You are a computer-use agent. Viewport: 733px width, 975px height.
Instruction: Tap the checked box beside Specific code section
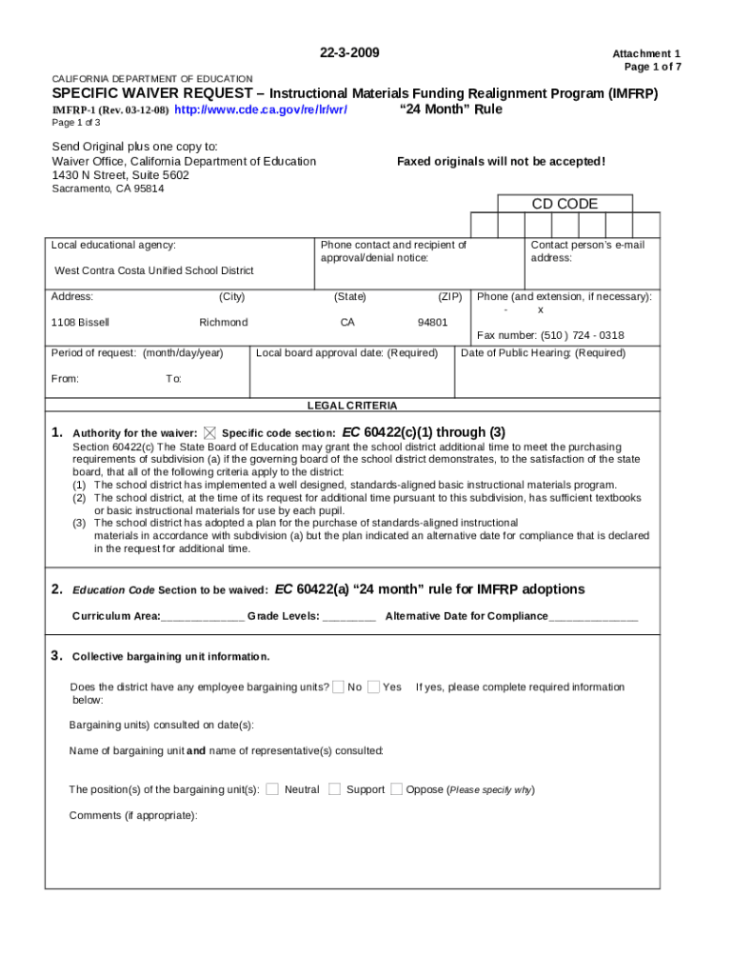click(x=209, y=432)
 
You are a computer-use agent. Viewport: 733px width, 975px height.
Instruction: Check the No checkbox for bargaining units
click(x=338, y=686)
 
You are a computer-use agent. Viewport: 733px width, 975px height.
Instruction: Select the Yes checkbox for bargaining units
click(x=373, y=686)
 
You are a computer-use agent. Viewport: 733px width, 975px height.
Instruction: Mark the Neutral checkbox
click(x=272, y=788)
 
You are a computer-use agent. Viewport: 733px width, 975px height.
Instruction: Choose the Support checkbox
click(x=334, y=788)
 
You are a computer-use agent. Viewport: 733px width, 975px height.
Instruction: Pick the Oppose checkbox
click(x=397, y=788)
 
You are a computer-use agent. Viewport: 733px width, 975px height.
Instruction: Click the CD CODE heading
click(x=565, y=204)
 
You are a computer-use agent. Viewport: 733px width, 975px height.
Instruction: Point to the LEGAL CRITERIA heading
click(x=352, y=405)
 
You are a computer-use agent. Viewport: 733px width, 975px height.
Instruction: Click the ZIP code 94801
click(x=432, y=322)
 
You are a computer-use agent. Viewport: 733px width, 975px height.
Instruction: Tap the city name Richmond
click(x=224, y=322)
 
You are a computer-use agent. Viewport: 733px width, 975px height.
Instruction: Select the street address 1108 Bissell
click(x=80, y=322)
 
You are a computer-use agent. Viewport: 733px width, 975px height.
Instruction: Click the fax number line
click(x=550, y=335)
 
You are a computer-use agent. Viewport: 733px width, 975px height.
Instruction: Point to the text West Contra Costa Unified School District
click(x=154, y=270)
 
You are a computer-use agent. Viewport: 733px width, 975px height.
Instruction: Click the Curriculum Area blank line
click(x=202, y=616)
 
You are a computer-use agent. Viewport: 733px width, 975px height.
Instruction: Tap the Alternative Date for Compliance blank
click(x=593, y=616)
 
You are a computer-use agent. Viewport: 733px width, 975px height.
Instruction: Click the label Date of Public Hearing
click(x=543, y=353)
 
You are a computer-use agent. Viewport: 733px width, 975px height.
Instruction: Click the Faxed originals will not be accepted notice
click(x=501, y=161)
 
